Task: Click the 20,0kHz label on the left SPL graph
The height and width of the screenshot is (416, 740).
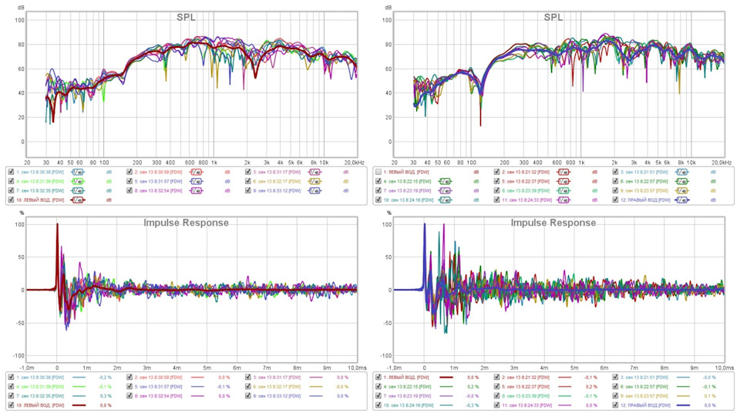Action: [x=354, y=163]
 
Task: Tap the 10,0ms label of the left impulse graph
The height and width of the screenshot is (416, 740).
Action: [x=355, y=368]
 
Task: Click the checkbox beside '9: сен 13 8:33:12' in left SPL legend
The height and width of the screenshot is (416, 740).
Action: [x=248, y=190]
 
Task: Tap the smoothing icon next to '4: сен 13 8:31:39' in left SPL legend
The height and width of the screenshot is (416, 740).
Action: [x=79, y=181]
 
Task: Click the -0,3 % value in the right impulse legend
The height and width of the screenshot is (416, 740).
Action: [x=471, y=405]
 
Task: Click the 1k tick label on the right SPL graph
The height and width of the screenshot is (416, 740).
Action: [x=581, y=163]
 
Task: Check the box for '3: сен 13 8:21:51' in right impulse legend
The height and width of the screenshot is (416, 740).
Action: [x=614, y=377]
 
